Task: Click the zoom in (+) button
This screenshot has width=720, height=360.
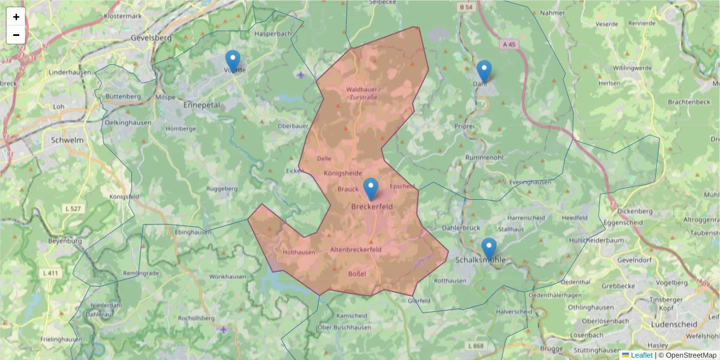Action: (16, 17)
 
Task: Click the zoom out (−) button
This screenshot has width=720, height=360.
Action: (16, 35)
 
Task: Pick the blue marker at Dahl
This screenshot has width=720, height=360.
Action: (484, 71)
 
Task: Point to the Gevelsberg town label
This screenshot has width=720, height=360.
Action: (151, 37)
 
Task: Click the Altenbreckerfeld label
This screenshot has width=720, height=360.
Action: (356, 249)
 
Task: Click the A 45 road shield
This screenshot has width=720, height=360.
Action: (509, 44)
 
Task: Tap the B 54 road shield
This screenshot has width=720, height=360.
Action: (465, 7)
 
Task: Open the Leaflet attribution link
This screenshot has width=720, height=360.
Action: (641, 355)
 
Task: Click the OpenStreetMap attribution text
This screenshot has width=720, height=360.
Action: (691, 355)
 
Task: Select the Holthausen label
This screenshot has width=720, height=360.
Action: (298, 253)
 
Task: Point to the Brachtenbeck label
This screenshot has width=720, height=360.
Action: (688, 102)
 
